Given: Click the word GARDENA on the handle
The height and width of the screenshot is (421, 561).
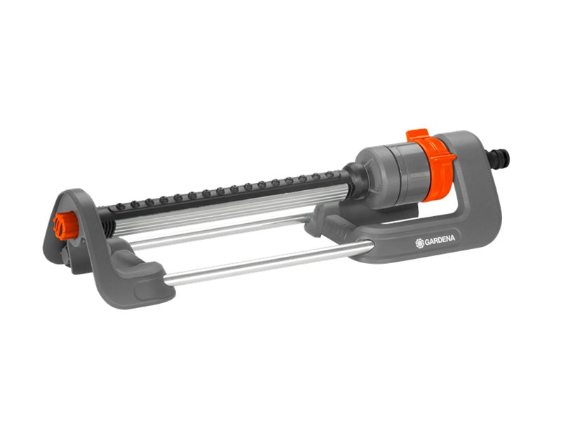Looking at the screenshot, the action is (440, 241).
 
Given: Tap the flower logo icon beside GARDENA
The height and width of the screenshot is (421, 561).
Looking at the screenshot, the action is (419, 243).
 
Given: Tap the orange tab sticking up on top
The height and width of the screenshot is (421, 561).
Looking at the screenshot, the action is (417, 135).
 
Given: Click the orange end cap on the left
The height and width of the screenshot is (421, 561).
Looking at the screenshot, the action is (65, 225).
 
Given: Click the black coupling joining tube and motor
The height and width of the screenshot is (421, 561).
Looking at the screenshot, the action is (354, 181).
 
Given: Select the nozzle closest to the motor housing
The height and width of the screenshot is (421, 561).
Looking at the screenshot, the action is (329, 175).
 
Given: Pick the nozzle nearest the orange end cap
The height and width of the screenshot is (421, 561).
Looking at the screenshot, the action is (121, 206).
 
